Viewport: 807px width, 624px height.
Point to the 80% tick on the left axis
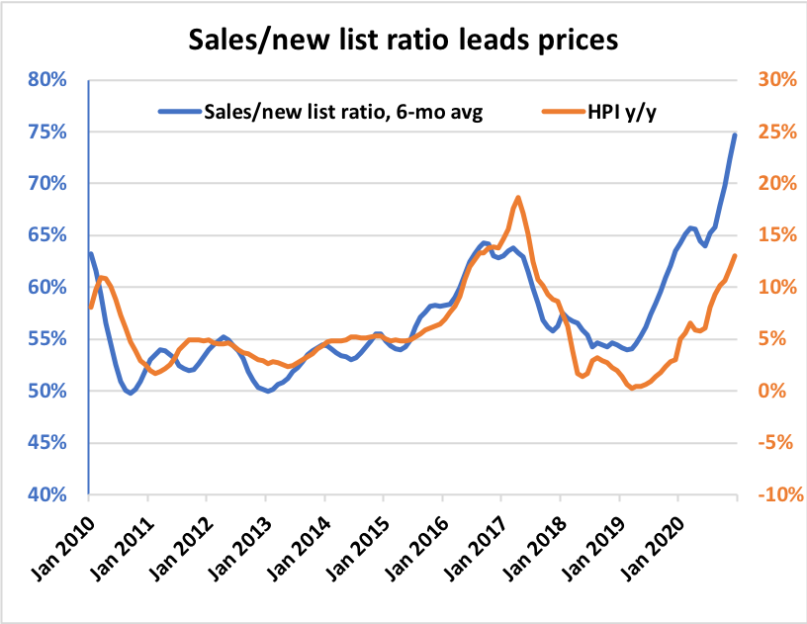45,79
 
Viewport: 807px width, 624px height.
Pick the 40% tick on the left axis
45,494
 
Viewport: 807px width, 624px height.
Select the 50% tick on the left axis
45,391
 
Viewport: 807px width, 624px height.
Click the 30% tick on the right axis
771,79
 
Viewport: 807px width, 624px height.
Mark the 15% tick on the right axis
771,235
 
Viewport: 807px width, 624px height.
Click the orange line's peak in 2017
518,198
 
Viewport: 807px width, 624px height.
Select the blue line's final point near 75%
735,134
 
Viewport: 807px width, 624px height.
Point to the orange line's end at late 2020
735,255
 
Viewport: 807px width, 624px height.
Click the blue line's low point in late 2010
130,393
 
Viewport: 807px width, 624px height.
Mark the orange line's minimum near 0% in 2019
631,389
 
